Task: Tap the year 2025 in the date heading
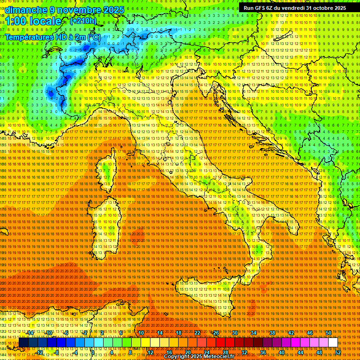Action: [113, 10]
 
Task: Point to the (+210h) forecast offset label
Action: [83, 21]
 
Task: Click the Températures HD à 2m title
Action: [52, 37]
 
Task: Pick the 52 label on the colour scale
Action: [337, 352]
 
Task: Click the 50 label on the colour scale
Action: [328, 333]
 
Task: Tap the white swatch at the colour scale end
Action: [333, 343]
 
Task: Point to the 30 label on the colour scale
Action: [234, 333]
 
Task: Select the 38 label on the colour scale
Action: [272, 333]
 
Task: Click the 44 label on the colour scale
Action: [300, 352]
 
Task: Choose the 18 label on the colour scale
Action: [178, 333]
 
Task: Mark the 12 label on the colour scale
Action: [150, 352]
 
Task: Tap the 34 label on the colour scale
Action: [253, 333]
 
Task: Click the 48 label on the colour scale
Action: [319, 352]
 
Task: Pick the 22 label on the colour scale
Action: [197, 333]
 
